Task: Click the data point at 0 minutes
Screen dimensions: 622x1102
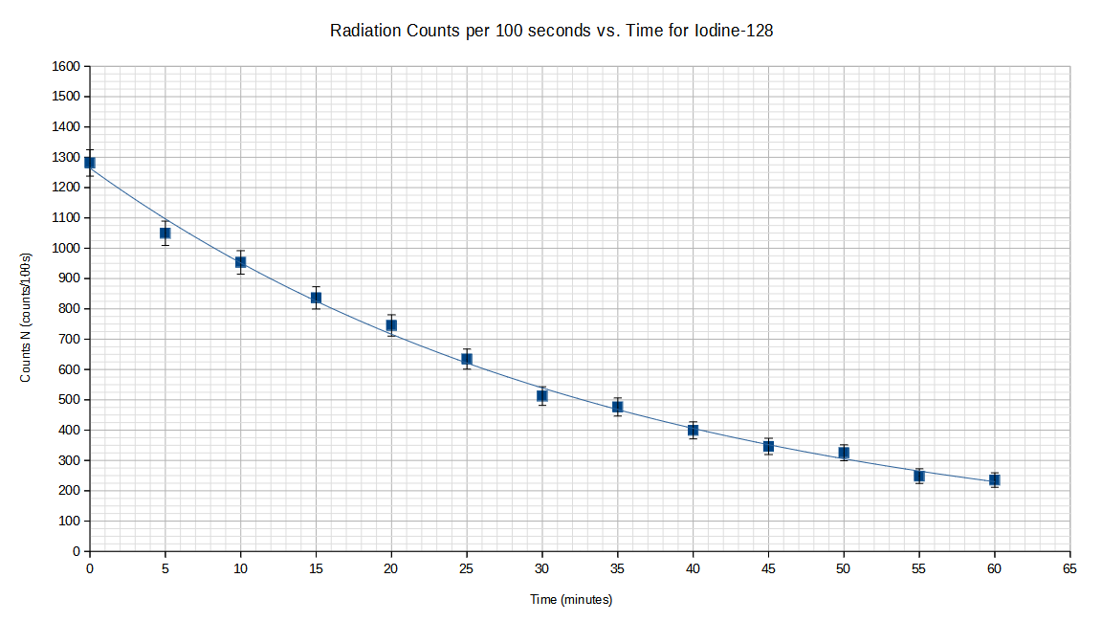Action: [90, 163]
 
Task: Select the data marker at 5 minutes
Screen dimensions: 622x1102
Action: [165, 233]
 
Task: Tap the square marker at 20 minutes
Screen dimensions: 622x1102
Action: [391, 325]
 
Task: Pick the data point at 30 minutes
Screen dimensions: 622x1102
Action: [542, 395]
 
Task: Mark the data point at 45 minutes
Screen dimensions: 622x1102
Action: [768, 446]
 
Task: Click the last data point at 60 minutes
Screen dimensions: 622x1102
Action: [995, 479]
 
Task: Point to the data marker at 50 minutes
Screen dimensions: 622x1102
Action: [844, 453]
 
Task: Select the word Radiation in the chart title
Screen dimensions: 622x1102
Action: [364, 31]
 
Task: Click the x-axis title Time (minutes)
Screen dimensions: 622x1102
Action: [571, 600]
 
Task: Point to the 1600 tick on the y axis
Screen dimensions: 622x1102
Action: [66, 67]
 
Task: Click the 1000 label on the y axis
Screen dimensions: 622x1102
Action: [66, 249]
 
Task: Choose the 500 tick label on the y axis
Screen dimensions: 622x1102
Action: [70, 400]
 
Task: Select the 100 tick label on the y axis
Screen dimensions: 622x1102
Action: [70, 522]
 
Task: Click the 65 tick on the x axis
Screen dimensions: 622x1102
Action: [1069, 568]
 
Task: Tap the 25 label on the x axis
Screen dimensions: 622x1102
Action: [467, 568]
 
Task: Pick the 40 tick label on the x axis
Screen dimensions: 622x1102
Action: [693, 568]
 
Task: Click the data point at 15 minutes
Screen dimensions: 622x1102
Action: [316, 298]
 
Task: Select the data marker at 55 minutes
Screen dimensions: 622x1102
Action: [919, 476]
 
